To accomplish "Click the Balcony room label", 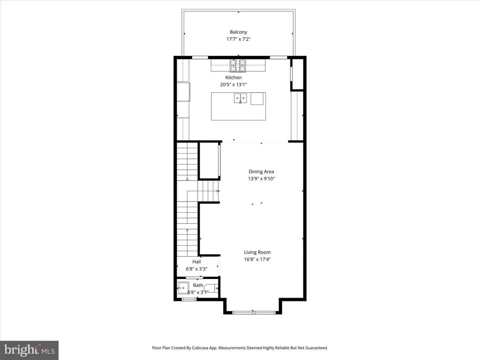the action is pyautogui.click(x=239, y=32).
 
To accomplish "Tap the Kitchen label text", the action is pyautogui.click(x=233, y=78).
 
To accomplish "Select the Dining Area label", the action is pyautogui.click(x=261, y=172).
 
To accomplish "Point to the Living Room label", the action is pyautogui.click(x=257, y=252).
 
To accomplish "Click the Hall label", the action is pyautogui.click(x=196, y=262).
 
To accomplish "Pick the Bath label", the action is pyautogui.click(x=198, y=285).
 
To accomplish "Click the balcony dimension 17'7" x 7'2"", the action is pyautogui.click(x=239, y=39).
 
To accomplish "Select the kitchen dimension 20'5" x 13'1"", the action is pyautogui.click(x=233, y=85).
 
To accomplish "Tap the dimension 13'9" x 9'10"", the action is pyautogui.click(x=262, y=179).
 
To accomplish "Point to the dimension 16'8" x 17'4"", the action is pyautogui.click(x=257, y=259).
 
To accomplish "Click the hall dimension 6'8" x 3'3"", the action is pyautogui.click(x=196, y=269).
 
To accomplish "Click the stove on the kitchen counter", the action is pyautogui.click(x=238, y=66).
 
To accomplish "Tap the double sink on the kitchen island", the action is pyautogui.click(x=240, y=98).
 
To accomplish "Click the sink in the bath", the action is pyautogui.click(x=183, y=288).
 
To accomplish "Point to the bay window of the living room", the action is pyautogui.click(x=253, y=313).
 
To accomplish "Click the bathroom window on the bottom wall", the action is pyautogui.click(x=189, y=299).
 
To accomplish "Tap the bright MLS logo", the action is pyautogui.click(x=30, y=350).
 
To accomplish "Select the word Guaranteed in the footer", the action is pyautogui.click(x=316, y=348).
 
